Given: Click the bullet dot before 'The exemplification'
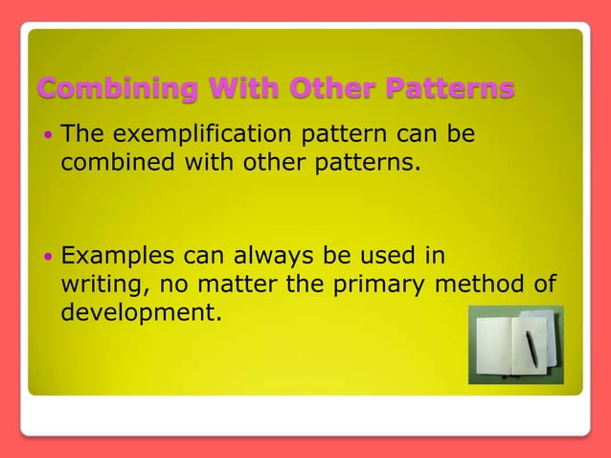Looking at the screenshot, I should pos(50,136).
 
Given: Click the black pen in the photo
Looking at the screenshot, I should pos(530,349).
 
